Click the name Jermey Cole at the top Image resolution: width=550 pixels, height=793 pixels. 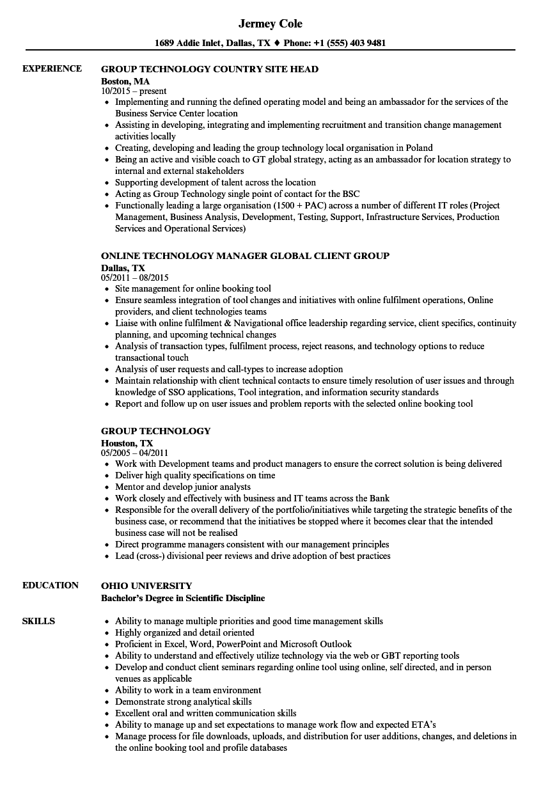pos(270,24)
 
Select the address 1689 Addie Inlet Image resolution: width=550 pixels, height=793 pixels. pos(190,43)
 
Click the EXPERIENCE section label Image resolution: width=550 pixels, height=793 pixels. pos(52,68)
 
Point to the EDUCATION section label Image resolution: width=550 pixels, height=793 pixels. pos(51,585)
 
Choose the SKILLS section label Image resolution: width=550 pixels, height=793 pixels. pos(38,621)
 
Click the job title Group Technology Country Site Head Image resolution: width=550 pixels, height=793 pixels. pos(210,69)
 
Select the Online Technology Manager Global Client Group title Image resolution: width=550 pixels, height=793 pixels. pos(245,256)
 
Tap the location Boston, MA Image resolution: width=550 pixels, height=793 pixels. pos(125,81)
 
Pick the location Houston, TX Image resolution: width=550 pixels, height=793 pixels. pos(127,443)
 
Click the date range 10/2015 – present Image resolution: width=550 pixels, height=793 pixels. pos(134,91)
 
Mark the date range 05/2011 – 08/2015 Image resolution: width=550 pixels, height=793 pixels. pos(135,278)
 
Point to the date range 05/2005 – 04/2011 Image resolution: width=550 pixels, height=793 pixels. pos(135,453)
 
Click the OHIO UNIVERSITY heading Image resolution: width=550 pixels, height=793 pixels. pos(146,586)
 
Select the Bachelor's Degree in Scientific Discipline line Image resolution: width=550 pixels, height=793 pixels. pos(183,598)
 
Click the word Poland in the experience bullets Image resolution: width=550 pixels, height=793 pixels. pos(419,148)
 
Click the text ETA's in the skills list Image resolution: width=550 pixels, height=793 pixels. pos(423,725)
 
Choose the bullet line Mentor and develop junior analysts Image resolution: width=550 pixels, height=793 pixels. pos(183,487)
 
